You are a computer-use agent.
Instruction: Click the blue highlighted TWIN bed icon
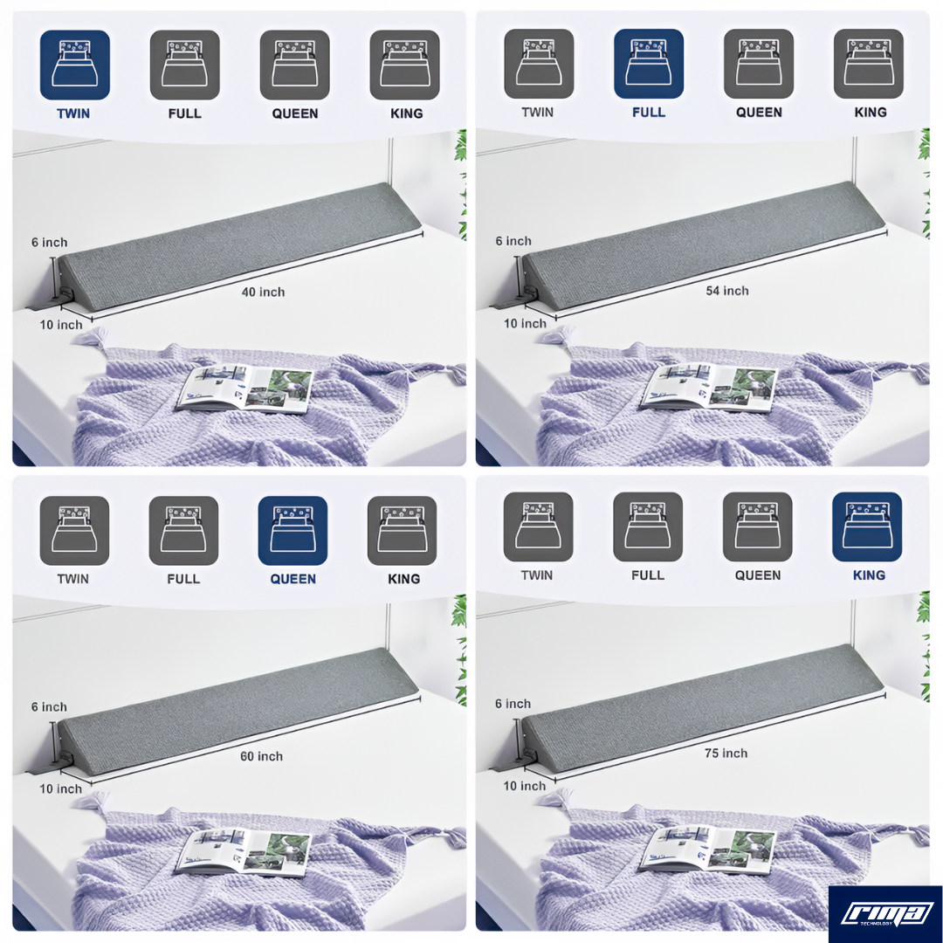[x=74, y=65]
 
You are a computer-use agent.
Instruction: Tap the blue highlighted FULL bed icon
[x=648, y=64]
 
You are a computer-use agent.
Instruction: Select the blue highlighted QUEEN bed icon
[x=293, y=531]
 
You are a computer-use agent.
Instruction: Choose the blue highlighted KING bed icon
[x=867, y=527]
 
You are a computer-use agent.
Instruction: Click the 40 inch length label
[x=263, y=293]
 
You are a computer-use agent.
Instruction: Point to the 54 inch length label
[x=727, y=291]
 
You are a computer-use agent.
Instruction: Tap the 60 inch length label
[x=262, y=756]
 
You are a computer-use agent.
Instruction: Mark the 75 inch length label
[x=726, y=754]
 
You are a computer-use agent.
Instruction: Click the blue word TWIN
[x=73, y=114]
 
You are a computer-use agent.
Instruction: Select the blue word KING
[x=869, y=575]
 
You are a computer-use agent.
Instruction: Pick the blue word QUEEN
[x=293, y=579]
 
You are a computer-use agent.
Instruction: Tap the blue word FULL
[x=649, y=113]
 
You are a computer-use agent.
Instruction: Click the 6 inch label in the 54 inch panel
[x=513, y=241]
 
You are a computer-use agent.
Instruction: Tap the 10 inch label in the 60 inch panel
[x=61, y=789]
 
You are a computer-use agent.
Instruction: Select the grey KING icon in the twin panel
[x=405, y=65]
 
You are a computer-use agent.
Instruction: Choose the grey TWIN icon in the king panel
[x=538, y=527]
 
